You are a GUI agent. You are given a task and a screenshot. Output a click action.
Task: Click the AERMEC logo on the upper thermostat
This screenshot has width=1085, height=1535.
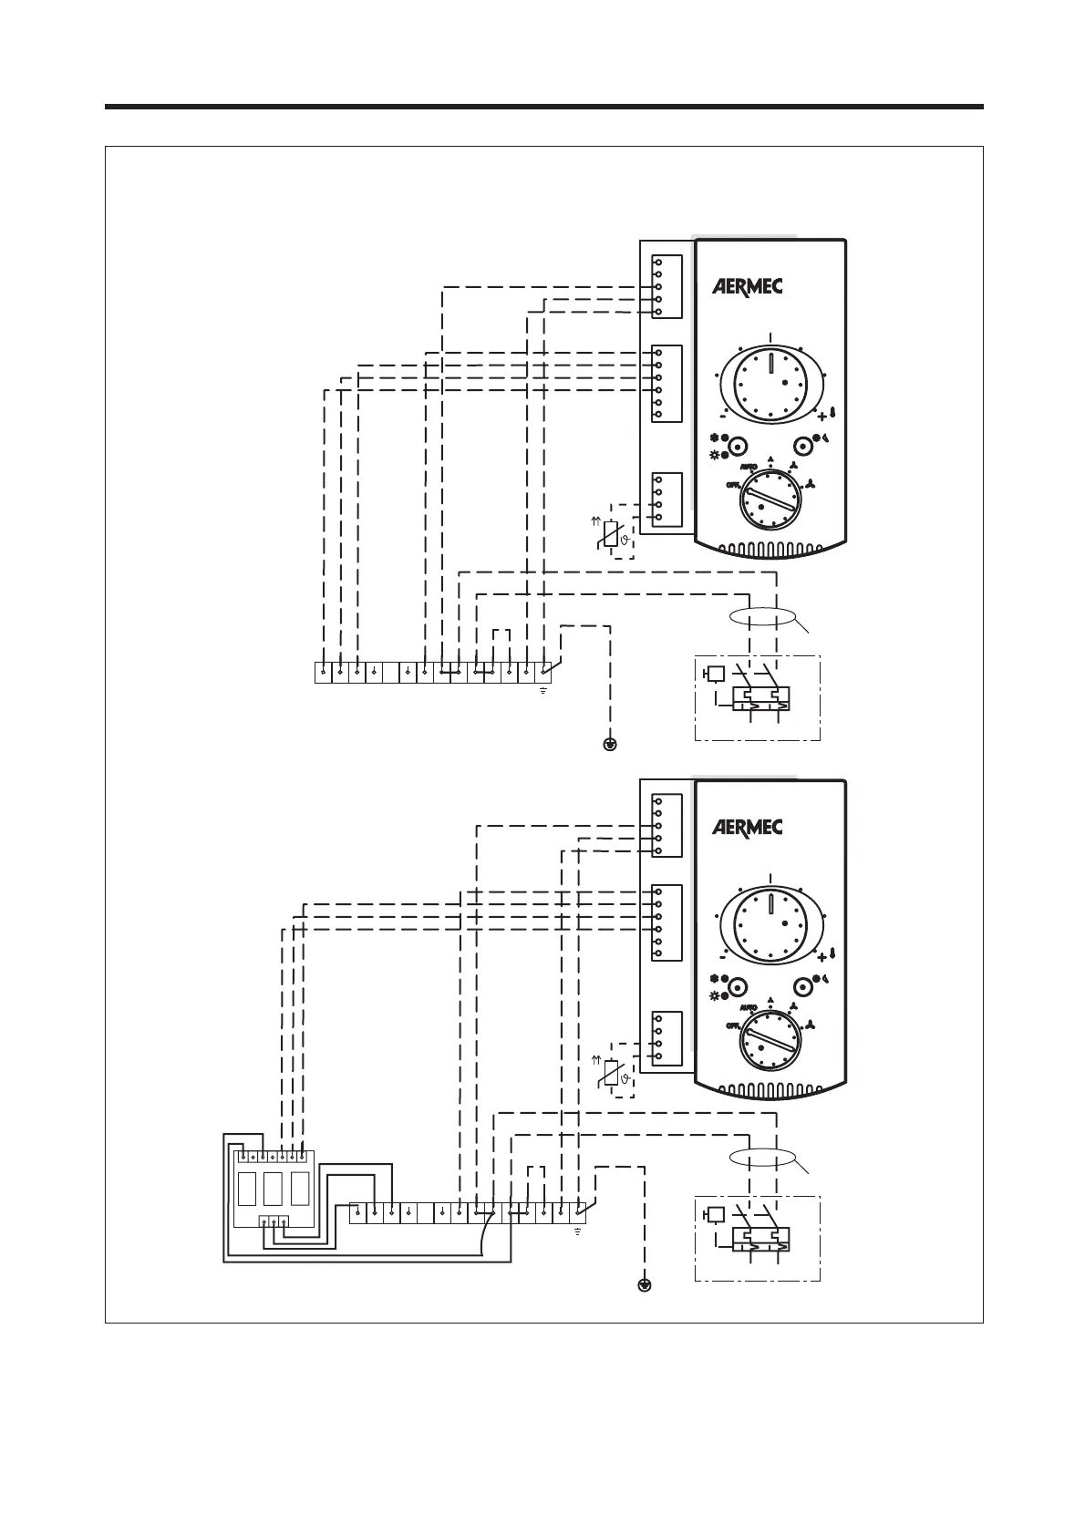[747, 286]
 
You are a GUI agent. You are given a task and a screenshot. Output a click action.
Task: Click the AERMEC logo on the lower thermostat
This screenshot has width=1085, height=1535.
[747, 828]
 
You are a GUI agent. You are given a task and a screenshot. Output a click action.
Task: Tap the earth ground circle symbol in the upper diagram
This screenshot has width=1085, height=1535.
[610, 745]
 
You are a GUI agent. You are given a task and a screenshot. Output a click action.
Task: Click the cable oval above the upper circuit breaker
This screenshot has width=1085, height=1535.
[763, 616]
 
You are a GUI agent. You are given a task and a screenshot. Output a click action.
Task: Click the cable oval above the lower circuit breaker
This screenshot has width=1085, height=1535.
[763, 1158]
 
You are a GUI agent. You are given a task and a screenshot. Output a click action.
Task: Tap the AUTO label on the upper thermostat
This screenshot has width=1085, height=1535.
[749, 466]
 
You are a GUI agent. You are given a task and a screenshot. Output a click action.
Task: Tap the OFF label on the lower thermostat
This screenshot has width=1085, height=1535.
[732, 1025]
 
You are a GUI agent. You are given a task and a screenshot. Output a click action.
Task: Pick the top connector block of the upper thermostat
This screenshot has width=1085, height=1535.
[667, 286]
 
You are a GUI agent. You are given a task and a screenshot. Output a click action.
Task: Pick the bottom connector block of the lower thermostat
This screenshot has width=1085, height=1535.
[667, 1038]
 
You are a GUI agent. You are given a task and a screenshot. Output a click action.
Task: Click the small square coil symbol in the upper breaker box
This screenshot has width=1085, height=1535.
[716, 674]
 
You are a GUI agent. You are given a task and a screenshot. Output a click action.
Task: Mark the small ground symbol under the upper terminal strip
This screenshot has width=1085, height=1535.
[542, 690]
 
